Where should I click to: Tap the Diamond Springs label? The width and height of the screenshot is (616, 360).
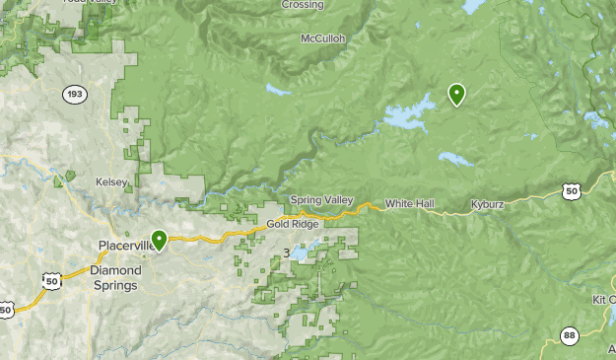pos(115,277)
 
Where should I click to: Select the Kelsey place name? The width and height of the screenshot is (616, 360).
pos(111,182)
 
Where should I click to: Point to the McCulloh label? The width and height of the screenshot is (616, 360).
pos(323,39)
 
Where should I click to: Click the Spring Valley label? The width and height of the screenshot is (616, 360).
pos(321,200)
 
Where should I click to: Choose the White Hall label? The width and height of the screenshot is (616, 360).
pos(409,203)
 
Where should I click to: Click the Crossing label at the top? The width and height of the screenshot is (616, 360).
pos(303,5)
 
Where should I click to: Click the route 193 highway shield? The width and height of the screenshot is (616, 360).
pos(74,94)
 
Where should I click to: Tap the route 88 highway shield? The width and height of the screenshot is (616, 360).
pos(569,335)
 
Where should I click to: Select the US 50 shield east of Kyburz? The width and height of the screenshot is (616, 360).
pos(573,191)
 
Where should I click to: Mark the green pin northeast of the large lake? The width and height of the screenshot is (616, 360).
pos(456,94)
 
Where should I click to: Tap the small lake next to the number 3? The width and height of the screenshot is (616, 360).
pos(303,253)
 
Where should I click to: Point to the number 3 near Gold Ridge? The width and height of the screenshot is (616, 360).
pos(286,253)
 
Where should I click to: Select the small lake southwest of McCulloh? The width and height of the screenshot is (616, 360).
pos(277,91)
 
